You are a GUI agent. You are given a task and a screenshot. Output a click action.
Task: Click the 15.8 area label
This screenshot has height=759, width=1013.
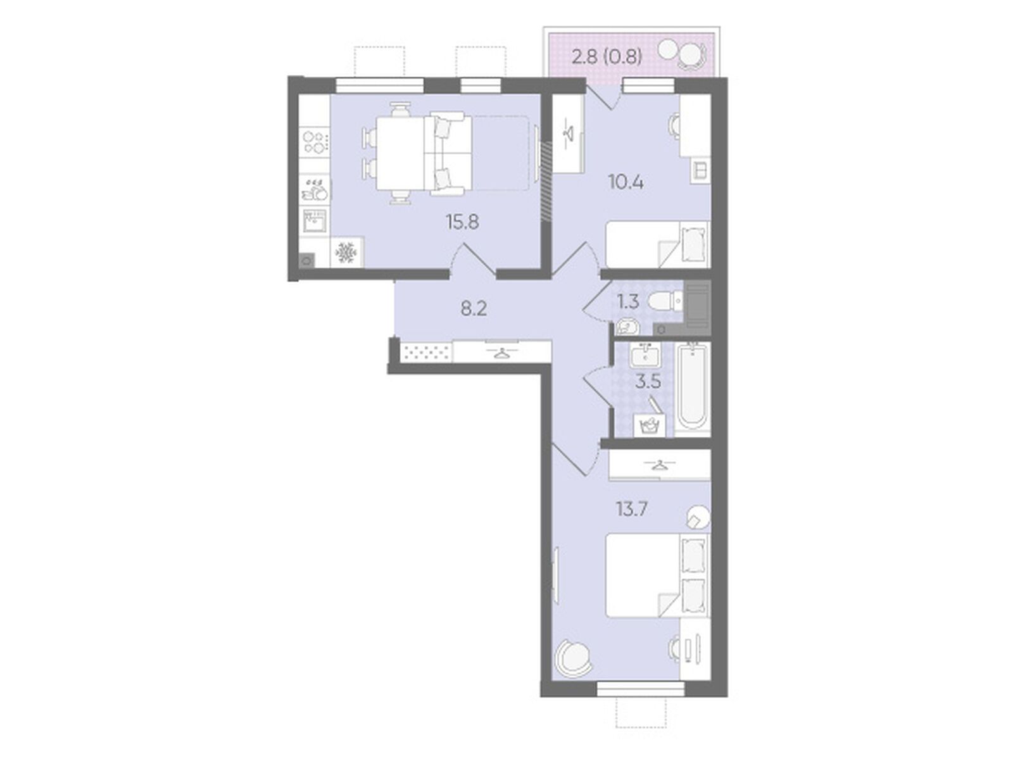click(462, 222)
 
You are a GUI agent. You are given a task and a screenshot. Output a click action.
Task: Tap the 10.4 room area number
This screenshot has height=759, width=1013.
click(626, 183)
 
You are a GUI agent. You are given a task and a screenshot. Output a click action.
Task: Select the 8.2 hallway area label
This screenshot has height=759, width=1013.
click(474, 309)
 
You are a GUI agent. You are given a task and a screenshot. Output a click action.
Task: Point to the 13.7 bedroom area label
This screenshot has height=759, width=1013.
click(632, 510)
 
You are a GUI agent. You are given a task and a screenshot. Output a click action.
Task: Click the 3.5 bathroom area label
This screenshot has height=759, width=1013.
click(648, 382)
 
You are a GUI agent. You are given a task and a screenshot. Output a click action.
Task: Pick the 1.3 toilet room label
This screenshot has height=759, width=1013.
click(628, 302)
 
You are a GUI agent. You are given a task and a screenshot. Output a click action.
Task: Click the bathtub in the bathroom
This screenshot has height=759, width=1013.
click(692, 387)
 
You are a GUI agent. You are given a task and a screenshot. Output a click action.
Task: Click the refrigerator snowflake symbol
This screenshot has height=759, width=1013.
click(346, 253)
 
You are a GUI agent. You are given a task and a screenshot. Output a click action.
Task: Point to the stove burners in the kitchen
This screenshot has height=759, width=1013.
click(316, 142)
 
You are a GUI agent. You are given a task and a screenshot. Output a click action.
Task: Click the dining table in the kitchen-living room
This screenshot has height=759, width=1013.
click(400, 153)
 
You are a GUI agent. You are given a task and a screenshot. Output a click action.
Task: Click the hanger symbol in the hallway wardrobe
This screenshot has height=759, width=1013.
click(501, 353)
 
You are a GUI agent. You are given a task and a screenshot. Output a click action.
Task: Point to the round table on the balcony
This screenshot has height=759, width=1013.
click(668, 50)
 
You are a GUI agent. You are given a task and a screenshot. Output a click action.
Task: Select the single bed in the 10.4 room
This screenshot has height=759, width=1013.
click(657, 244)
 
